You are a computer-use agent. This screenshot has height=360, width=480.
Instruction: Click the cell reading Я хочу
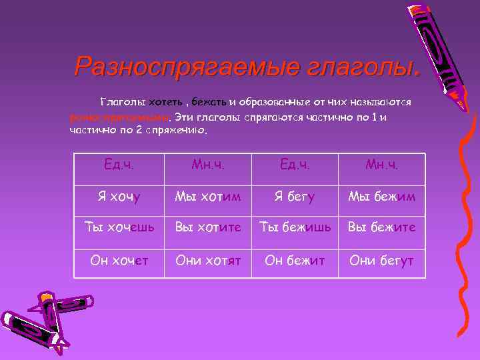click(x=117, y=196)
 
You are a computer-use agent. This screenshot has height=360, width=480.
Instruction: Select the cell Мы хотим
click(x=207, y=196)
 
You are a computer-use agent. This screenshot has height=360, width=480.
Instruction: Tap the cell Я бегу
click(x=293, y=196)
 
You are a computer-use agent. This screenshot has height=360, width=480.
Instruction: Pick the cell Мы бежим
click(x=381, y=196)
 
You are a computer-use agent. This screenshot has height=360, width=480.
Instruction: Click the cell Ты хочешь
click(x=117, y=227)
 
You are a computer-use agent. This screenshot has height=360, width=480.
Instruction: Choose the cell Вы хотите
click(x=207, y=227)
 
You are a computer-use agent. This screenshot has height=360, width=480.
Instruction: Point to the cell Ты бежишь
click(x=293, y=227)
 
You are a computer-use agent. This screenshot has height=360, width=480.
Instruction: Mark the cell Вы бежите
click(x=381, y=227)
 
